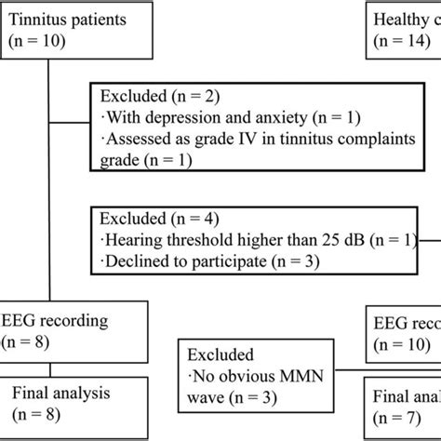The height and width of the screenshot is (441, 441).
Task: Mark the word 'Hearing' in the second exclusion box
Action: [136, 242]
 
